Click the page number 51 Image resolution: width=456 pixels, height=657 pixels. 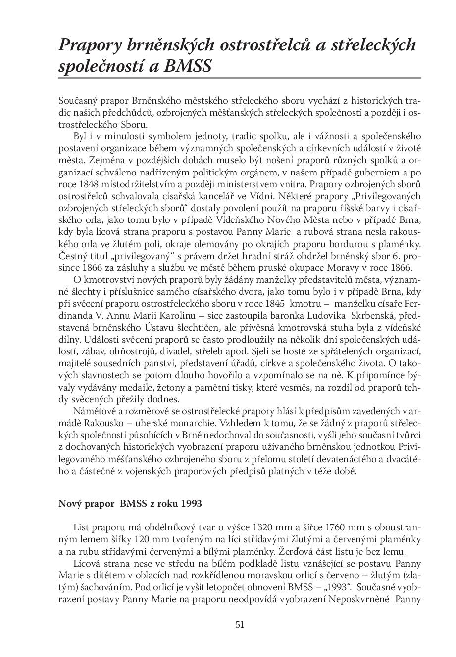pos(240,625)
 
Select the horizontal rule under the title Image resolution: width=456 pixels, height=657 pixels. pos(240,78)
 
